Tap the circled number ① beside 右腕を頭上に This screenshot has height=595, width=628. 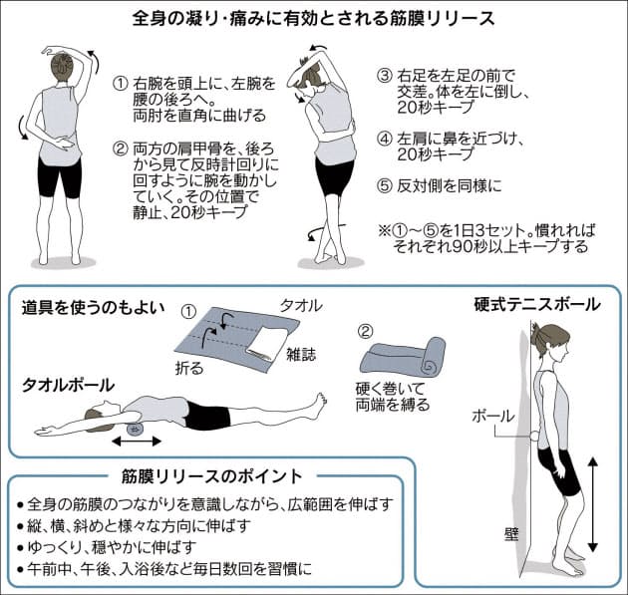tap(121, 81)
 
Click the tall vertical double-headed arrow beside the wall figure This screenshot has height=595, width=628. tap(594, 502)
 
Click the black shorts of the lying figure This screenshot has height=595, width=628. tap(207, 416)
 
